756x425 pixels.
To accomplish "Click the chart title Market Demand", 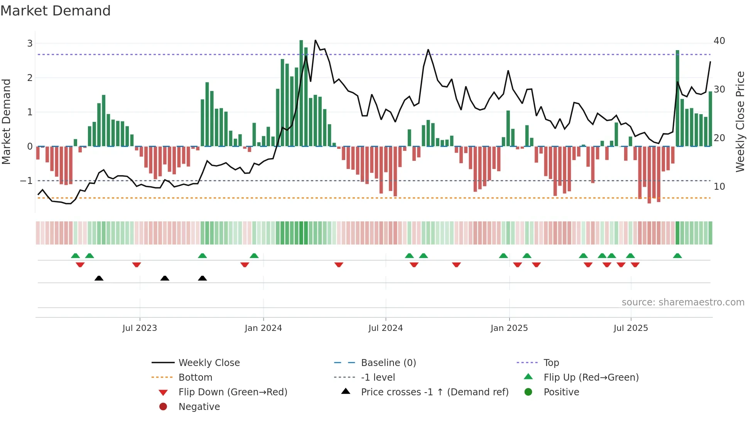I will coord(56,11).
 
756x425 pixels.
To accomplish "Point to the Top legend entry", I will coord(551,363).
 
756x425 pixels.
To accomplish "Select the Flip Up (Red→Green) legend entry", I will coord(591,377).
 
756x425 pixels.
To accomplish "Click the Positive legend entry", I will coord(561,392).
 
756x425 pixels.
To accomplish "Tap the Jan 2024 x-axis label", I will coord(263,328).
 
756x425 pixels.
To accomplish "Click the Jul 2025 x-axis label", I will coord(631,328).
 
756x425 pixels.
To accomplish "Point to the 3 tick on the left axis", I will coord(30,43).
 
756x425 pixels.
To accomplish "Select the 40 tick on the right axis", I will coord(719,41).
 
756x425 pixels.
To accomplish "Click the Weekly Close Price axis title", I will coord(740,121).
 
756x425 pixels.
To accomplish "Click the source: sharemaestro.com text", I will coord(683,302).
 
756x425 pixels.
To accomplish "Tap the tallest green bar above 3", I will coord(301,93).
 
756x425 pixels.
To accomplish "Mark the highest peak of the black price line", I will coord(315,40).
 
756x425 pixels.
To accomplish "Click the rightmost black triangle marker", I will coord(202,278).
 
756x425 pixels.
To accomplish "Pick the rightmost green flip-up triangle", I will coord(677,256).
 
